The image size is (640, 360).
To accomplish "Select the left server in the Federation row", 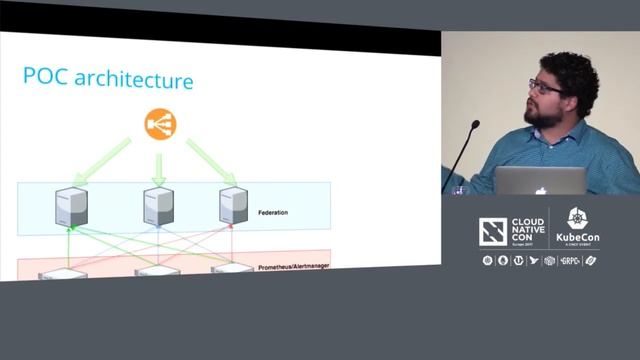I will click(71, 206).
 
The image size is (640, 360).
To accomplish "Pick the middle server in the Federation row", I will click(158, 206).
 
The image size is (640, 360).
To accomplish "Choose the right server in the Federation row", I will click(234, 206).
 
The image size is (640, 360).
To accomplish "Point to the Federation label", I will click(273, 213).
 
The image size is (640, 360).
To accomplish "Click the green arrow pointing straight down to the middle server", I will click(158, 166).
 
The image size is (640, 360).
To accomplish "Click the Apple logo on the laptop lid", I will click(541, 187).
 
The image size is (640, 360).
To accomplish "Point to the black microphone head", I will click(474, 126).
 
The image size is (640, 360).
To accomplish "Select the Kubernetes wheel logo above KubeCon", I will click(577, 219).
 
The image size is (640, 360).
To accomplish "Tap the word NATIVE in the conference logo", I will click(526, 233).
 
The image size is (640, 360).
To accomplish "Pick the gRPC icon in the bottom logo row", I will click(569, 261).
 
